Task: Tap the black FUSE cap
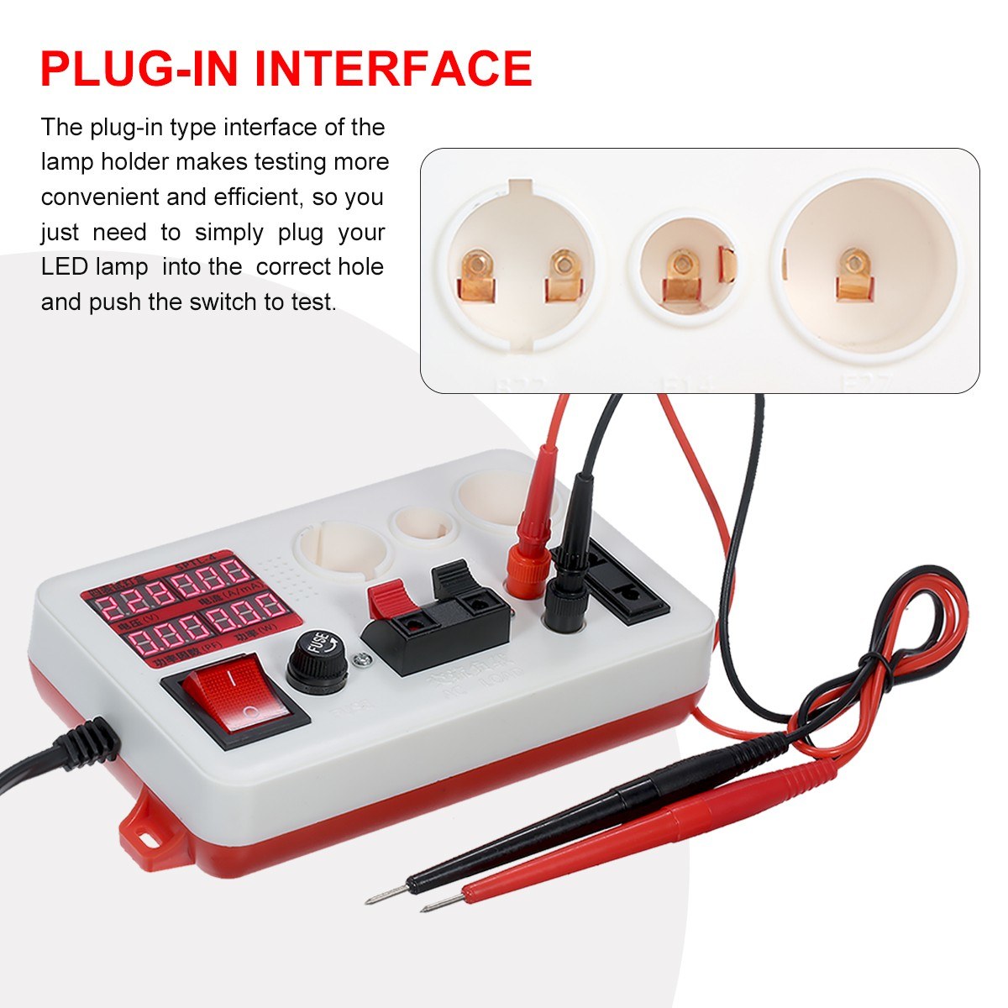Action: click(318, 660)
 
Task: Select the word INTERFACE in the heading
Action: click(394, 69)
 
